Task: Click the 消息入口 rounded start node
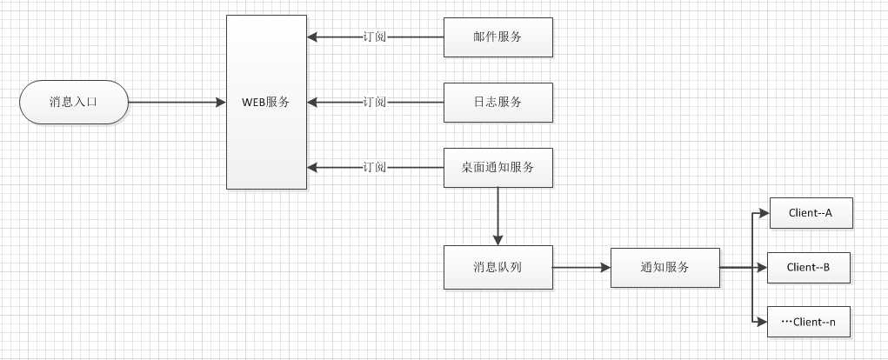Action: coord(74,102)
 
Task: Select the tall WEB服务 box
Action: coord(266,102)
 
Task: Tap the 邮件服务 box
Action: coord(497,37)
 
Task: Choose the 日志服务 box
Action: coord(497,102)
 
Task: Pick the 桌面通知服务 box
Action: coord(497,166)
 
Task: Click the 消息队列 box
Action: coord(497,268)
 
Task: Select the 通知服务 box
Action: coord(665,268)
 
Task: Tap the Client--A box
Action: coord(810,213)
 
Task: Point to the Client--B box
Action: coord(808,268)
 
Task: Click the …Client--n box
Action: coord(808,322)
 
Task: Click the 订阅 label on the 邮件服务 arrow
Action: coord(375,37)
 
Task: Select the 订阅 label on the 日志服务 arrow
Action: coord(375,102)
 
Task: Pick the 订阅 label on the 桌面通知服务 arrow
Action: coord(375,166)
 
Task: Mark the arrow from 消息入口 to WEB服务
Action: coord(174,102)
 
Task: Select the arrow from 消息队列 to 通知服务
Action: coord(581,268)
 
